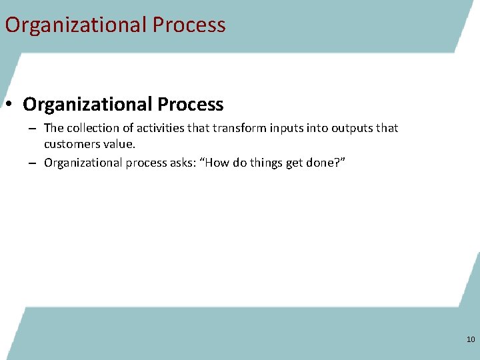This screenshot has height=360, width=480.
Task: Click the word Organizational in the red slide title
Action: tap(75, 25)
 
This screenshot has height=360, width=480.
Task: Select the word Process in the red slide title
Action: tap(189, 25)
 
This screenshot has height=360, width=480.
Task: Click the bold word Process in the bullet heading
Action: tap(191, 105)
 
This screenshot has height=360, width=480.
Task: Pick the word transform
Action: tap(237, 128)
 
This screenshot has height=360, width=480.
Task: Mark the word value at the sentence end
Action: tap(119, 144)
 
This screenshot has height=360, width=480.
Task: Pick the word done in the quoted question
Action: tap(329, 163)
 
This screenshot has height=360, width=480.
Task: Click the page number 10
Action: tap(471, 340)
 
